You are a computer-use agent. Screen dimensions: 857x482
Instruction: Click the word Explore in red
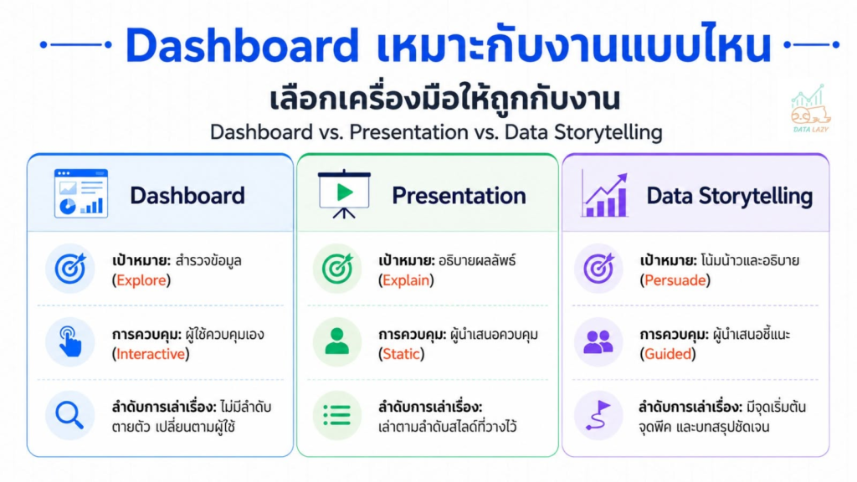pyautogui.click(x=141, y=280)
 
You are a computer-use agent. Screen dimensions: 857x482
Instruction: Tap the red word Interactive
pyautogui.click(x=151, y=354)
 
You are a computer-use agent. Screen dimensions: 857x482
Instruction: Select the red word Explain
pyautogui.click(x=406, y=280)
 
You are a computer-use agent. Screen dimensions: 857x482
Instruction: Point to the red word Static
pyautogui.click(x=401, y=354)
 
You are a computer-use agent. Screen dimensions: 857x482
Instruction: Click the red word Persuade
pyautogui.click(x=675, y=280)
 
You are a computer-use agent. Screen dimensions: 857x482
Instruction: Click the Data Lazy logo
pyautogui.click(x=810, y=110)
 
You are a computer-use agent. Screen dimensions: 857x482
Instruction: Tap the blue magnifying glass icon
pyautogui.click(x=69, y=415)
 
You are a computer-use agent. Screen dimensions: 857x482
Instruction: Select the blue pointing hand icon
pyautogui.click(x=70, y=341)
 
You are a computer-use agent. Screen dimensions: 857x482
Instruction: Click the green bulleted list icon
pyautogui.click(x=336, y=415)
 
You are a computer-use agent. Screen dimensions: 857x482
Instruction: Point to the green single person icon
pyautogui.click(x=336, y=341)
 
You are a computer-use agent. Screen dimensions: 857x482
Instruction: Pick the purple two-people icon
pyautogui.click(x=598, y=342)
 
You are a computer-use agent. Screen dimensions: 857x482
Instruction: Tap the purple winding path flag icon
pyautogui.click(x=598, y=415)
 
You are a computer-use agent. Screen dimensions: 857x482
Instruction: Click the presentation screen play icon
pyautogui.click(x=344, y=194)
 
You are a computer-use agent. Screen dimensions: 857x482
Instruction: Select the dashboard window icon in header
pyautogui.click(x=81, y=193)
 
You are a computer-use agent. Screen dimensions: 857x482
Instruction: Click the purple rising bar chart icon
pyautogui.click(x=604, y=194)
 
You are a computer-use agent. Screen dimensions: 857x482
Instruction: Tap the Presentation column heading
pyautogui.click(x=459, y=196)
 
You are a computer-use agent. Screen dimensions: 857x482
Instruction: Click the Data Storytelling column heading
pyautogui.click(x=729, y=196)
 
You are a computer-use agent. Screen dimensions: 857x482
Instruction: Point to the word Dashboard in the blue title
pyautogui.click(x=242, y=45)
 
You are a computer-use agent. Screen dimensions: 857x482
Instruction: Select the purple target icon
pyautogui.click(x=598, y=269)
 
